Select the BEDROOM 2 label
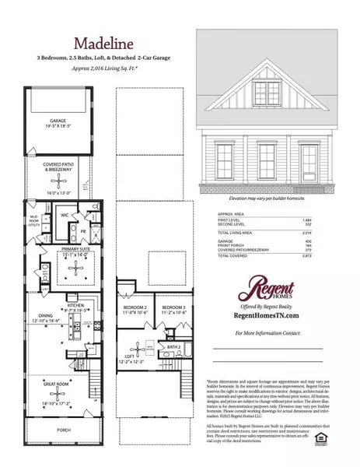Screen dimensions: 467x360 click(137, 307)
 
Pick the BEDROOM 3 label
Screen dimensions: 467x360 click(173, 307)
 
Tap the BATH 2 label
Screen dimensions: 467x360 click(173, 346)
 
